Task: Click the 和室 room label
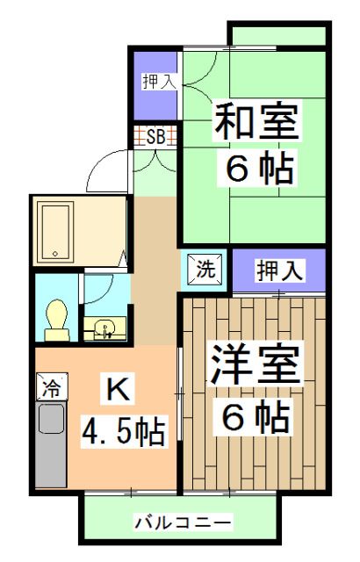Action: click(256, 121)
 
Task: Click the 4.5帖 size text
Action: click(124, 430)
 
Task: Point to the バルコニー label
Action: click(183, 522)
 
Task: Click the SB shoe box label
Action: click(155, 136)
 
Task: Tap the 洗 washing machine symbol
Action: click(205, 270)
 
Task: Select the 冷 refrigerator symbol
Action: click(52, 386)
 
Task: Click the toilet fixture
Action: click(57, 321)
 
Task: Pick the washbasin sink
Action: click(105, 328)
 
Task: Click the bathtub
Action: click(55, 231)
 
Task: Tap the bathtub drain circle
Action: click(55, 254)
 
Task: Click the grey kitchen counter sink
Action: click(52, 444)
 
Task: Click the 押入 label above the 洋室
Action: click(279, 270)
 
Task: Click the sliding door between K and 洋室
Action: click(180, 394)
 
